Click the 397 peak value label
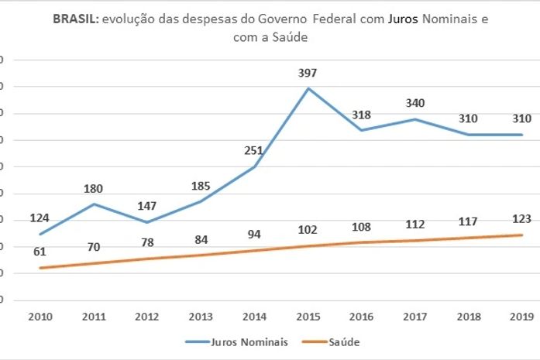pyautogui.click(x=308, y=74)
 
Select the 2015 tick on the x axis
pyautogui.click(x=308, y=317)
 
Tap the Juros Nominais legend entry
pyautogui.click(x=237, y=341)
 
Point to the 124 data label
pyautogui.click(x=40, y=218)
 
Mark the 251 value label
pyautogui.click(x=254, y=151)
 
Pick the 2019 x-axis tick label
pyautogui.click(x=522, y=317)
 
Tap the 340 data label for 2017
pyautogui.click(x=415, y=103)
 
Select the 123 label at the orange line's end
pyautogui.click(x=522, y=218)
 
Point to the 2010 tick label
pyautogui.click(x=40, y=317)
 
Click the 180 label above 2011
pyautogui.click(x=94, y=188)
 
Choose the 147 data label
pyautogui.click(x=147, y=207)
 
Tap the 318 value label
pyautogui.click(x=361, y=115)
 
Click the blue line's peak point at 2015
pyautogui.click(x=308, y=88)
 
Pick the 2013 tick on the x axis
pyautogui.click(x=201, y=317)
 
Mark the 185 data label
pyautogui.click(x=201, y=186)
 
